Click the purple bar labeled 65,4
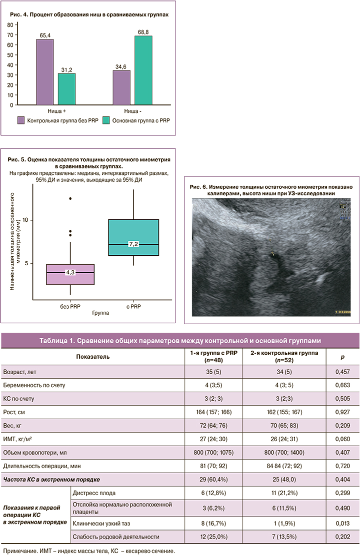pyautogui.click(x=45, y=72)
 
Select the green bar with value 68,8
pyautogui.click(x=143, y=70)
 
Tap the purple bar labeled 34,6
pyautogui.click(x=121, y=87)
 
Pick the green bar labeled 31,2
pyautogui.click(x=66, y=89)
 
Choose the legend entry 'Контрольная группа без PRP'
pyautogui.click(x=55, y=120)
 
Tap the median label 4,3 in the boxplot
pyautogui.click(x=70, y=272)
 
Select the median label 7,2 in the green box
pyautogui.click(x=133, y=244)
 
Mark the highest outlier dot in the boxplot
pyautogui.click(x=70, y=199)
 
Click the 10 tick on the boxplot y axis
pyautogui.click(x=28, y=220)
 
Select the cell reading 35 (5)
pyautogui.click(x=213, y=372)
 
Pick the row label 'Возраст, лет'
pyautogui.click(x=19, y=372)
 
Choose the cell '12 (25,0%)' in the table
pyautogui.click(x=213, y=537)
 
